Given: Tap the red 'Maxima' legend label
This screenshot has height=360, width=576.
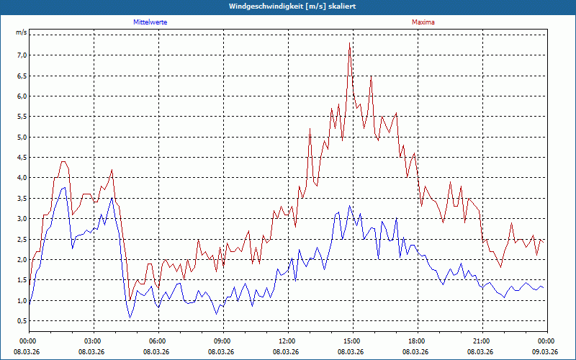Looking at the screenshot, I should (x=423, y=22).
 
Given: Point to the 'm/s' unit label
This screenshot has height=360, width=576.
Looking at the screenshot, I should (x=21, y=33).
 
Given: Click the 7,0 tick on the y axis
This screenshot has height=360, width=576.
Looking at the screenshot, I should (x=21, y=55).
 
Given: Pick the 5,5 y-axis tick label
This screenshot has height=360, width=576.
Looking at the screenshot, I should (x=21, y=117).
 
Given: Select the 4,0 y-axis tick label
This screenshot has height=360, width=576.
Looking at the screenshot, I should (x=21, y=178).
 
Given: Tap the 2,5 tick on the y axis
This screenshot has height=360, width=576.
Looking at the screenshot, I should (x=21, y=239).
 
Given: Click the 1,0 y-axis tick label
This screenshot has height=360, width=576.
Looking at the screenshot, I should (x=21, y=300).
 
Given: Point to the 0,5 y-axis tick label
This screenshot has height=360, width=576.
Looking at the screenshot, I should (x=21, y=321).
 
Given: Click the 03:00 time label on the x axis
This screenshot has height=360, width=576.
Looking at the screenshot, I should (x=92, y=341).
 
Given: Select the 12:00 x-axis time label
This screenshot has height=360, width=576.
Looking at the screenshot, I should (x=287, y=341).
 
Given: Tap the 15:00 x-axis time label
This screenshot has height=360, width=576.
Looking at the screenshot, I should (x=351, y=341).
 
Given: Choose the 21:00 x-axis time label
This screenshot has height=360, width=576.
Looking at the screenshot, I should (x=481, y=341).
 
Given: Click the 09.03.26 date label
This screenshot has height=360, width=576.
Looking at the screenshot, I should (x=546, y=352).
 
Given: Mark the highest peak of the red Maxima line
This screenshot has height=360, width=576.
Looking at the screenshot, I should (x=349, y=43).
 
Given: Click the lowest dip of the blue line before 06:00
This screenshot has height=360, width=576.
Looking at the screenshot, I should (x=130, y=318).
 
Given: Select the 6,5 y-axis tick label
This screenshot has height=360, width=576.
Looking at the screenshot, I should (x=21, y=76).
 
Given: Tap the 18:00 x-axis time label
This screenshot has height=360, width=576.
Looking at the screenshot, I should (x=416, y=341).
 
